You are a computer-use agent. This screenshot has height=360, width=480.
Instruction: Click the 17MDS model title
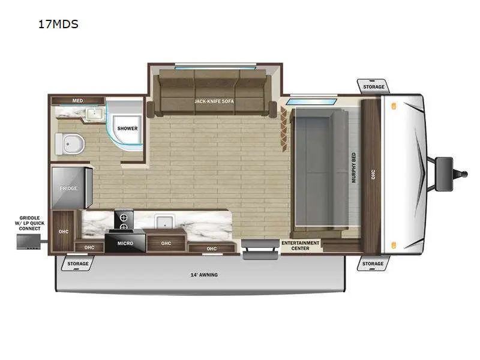[58, 24]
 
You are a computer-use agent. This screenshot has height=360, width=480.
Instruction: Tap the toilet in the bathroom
[70, 144]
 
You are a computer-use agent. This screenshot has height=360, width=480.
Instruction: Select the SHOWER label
[127, 128]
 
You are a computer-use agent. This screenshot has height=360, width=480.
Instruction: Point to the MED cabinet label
[77, 100]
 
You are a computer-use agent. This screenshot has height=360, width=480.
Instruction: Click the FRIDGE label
[68, 188]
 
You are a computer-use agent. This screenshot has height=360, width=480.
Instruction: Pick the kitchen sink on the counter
[164, 221]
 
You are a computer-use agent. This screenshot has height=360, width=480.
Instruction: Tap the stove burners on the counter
[124, 220]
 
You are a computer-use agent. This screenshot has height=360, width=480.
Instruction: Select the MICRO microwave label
[125, 244]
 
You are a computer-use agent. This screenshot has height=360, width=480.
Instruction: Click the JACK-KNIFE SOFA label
[214, 101]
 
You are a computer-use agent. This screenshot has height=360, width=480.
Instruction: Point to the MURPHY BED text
[354, 168]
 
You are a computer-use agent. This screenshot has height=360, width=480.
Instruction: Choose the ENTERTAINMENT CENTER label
[301, 245]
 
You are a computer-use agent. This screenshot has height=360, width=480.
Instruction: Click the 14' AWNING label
[204, 275]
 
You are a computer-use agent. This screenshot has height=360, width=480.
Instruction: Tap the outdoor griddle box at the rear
[28, 242]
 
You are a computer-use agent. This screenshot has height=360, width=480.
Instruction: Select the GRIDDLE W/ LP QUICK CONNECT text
[29, 223]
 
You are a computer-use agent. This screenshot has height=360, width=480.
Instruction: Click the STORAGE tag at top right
[373, 87]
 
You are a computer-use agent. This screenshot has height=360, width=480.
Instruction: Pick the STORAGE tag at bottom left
[78, 263]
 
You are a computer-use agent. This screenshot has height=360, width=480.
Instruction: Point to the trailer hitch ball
[464, 174]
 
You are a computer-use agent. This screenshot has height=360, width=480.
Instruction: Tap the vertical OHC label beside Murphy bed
[373, 175]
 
